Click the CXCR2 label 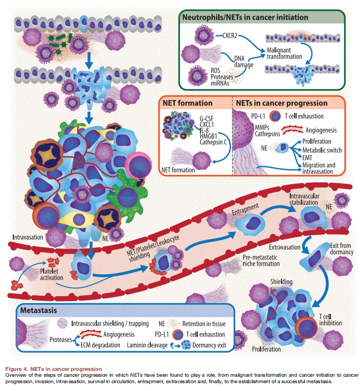tap(230, 35)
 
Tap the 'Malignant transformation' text tap(284, 54)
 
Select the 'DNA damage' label tap(244, 61)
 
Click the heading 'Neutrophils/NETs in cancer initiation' tap(245, 18)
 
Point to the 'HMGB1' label tap(208, 136)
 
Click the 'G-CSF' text tap(207, 119)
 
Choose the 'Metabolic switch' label tap(322, 150)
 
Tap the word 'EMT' tap(307, 158)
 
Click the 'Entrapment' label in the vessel tap(245, 209)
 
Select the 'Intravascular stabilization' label tap(304, 199)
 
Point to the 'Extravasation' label tap(284, 247)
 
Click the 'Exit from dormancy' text tap(341, 249)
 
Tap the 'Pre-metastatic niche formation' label tap(261, 260)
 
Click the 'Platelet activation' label tap(52, 274)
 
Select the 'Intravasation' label tap(28, 237)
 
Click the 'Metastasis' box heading tap(38, 310)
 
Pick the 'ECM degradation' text tap(100, 345)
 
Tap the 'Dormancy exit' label tap(209, 345)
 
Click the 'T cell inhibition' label tap(331, 320)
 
